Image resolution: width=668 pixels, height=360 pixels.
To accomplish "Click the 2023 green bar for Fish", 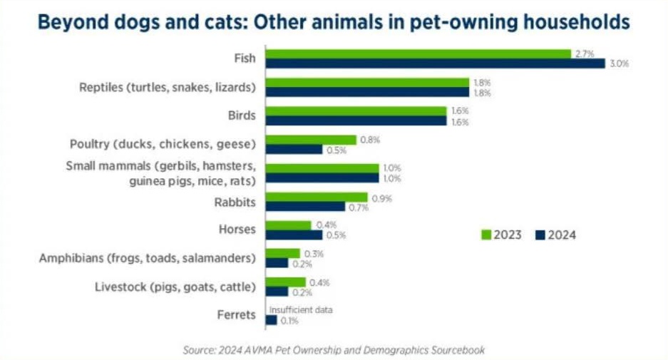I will click(x=418, y=53).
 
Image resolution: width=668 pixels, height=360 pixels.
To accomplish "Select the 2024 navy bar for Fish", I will click(x=435, y=63).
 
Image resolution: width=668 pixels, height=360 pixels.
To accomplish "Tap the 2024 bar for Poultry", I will click(x=294, y=150).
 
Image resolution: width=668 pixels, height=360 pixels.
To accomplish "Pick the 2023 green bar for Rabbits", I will click(x=317, y=197).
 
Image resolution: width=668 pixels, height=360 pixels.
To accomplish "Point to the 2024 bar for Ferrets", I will click(x=271, y=321).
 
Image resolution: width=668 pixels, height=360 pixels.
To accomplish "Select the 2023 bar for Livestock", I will click(x=285, y=282).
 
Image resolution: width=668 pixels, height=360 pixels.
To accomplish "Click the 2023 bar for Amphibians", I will click(x=282, y=254).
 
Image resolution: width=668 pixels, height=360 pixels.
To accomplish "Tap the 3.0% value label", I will click(x=619, y=63).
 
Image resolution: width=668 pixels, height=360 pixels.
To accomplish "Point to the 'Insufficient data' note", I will click(x=300, y=310).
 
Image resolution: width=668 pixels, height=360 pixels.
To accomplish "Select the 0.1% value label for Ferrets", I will click(x=288, y=321).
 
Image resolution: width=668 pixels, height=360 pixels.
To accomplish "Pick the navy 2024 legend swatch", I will click(x=540, y=235).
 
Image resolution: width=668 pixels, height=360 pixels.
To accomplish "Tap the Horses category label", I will click(x=237, y=230).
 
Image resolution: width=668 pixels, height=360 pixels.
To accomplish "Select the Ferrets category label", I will click(x=236, y=315).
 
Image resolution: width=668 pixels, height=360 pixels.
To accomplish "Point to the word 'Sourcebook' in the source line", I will click(x=459, y=350).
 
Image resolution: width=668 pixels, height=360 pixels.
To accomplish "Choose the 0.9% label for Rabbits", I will click(x=381, y=197).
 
